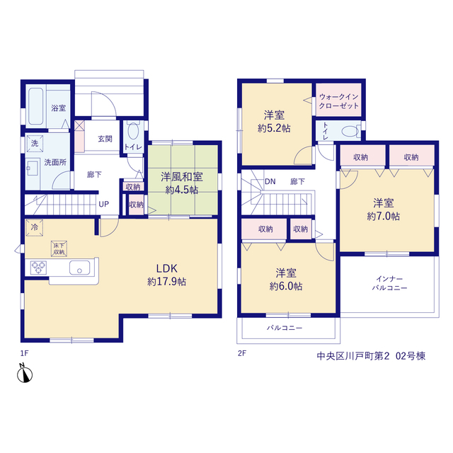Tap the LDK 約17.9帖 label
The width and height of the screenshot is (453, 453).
click(167, 275)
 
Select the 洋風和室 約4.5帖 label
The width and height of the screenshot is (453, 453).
click(182, 183)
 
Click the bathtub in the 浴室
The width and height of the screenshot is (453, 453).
click(36, 106)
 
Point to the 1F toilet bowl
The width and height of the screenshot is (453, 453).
click(133, 130)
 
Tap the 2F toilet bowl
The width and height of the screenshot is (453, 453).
click(351, 132)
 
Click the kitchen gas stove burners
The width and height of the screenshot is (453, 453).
click(38, 268)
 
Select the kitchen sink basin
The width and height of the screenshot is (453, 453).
click(79, 268)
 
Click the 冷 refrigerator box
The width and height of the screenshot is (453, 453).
click(35, 228)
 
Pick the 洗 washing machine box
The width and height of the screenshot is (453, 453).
click(35, 143)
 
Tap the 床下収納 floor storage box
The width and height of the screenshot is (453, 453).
click(59, 248)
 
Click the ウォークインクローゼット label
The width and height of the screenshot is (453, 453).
click(338, 101)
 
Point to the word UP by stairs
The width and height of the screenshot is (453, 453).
click(104, 205)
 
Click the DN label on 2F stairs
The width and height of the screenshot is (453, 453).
click(270, 181)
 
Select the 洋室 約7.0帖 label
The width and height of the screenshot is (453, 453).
click(384, 210)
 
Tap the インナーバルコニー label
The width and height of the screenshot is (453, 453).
click(389, 283)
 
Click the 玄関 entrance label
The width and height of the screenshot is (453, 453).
click(105, 139)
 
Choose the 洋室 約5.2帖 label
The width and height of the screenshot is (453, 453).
click(274, 121)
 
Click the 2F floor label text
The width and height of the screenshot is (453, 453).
click(242, 353)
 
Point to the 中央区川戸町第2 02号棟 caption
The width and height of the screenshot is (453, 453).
click(371, 356)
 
